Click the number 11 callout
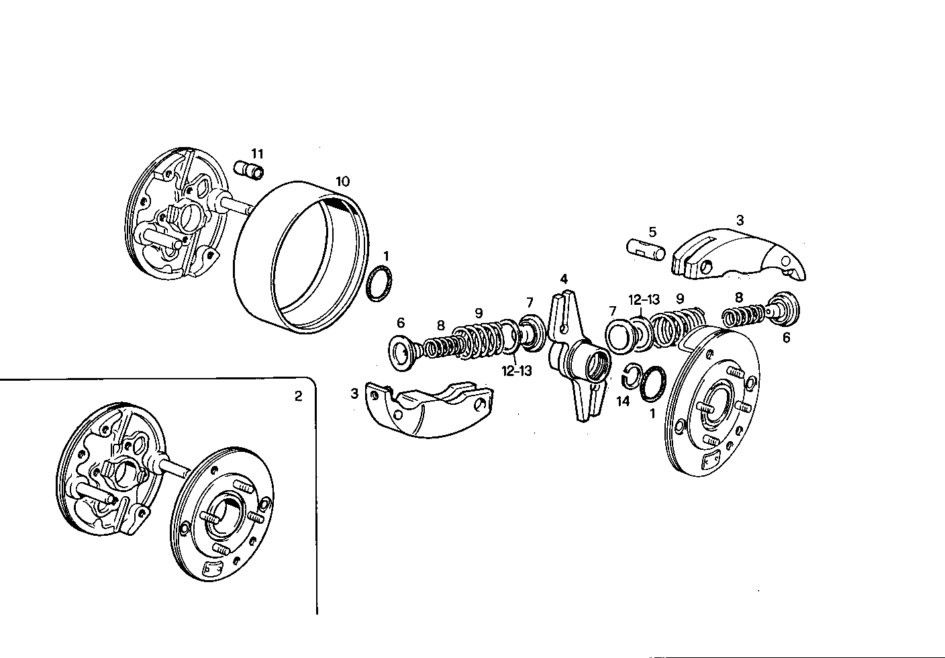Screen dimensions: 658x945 click(258, 154)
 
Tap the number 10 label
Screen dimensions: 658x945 click(342, 181)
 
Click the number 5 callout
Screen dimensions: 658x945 click(652, 232)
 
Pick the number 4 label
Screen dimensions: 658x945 click(564, 279)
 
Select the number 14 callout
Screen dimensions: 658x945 click(623, 402)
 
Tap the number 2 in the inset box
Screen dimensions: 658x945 click(298, 396)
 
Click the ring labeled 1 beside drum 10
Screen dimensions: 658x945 click(381, 285)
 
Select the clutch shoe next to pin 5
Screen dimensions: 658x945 click(738, 254)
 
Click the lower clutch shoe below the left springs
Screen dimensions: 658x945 click(430, 410)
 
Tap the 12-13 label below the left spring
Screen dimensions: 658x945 click(516, 370)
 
